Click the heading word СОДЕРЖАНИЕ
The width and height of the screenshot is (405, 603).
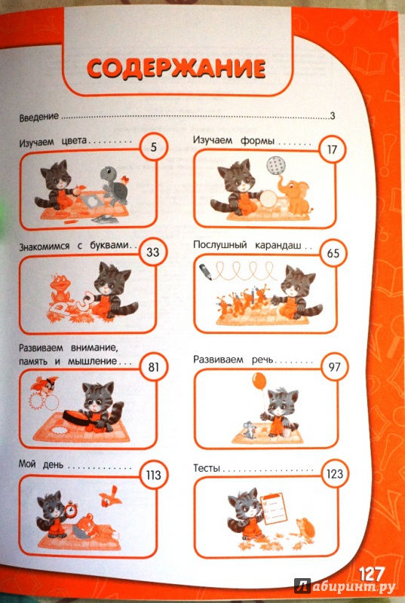coord(176,69)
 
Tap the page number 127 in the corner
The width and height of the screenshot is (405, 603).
coord(372,575)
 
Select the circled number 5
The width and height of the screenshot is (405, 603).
coord(153,147)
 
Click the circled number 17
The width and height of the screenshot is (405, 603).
coord(332,148)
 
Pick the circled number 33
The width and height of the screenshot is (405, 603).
coord(152,252)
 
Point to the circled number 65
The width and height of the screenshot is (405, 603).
coord(333,254)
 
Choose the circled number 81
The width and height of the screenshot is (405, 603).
coord(153,366)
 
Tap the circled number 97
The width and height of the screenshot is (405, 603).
coord(334,366)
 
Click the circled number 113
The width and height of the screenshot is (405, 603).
coord(153,475)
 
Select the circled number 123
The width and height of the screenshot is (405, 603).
coord(334,474)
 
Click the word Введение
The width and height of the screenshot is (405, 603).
coord(39,116)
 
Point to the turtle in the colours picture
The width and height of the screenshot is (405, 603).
coord(114,186)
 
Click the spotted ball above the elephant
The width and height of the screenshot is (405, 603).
coord(277,165)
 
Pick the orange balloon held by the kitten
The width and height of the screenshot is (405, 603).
coord(259,381)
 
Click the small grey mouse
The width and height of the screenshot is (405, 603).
coord(250,430)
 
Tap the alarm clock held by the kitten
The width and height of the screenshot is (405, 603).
coord(71,509)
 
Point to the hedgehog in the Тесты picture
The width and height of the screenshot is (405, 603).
coord(305,527)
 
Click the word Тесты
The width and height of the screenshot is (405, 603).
coord(207,468)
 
